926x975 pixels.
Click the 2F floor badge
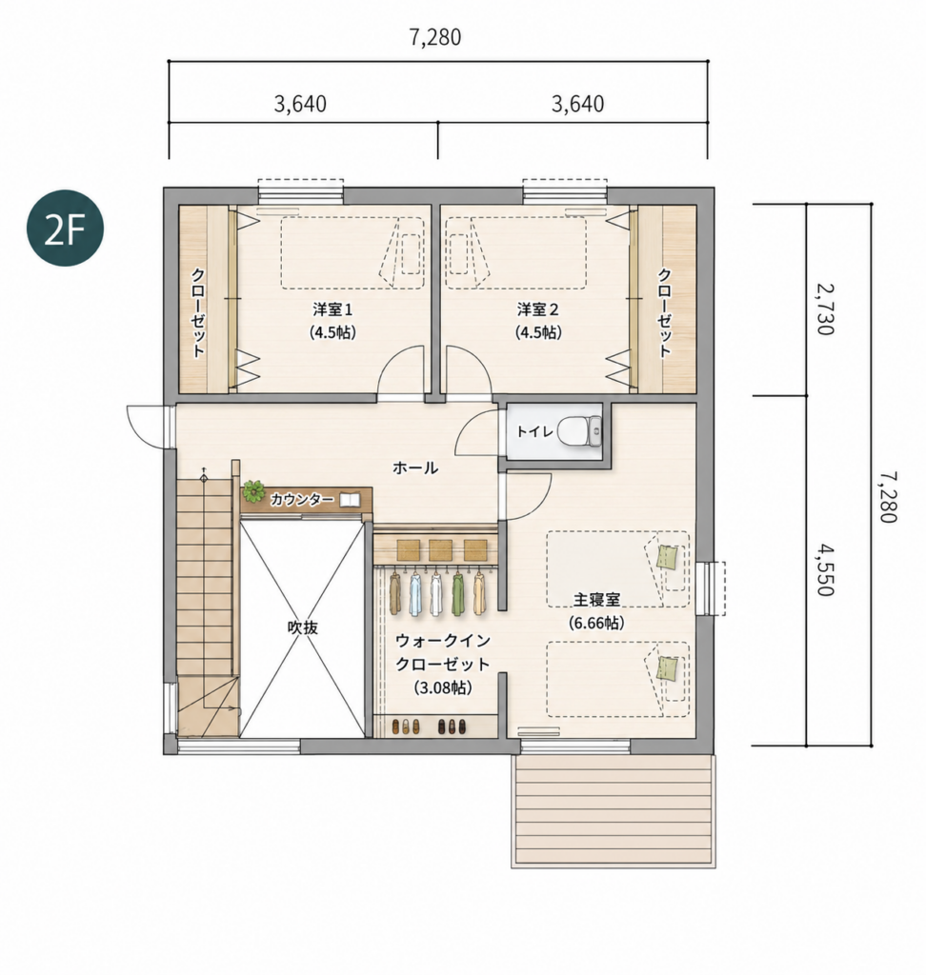click(x=65, y=229)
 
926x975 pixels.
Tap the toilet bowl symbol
click(x=580, y=430)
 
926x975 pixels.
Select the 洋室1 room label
click(x=332, y=309)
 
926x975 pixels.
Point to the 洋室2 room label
click(x=537, y=309)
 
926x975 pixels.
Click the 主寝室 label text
click(x=596, y=600)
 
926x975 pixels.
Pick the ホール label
click(x=415, y=468)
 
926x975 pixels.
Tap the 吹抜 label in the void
click(x=302, y=627)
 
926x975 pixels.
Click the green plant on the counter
click(x=253, y=491)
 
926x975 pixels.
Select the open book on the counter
click(x=350, y=499)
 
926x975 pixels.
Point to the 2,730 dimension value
click(x=826, y=309)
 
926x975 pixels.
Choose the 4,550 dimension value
click(x=826, y=569)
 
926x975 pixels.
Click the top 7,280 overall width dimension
click(x=435, y=37)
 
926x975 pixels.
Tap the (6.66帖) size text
click(x=596, y=623)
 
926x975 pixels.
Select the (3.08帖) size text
click(x=442, y=687)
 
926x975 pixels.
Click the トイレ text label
click(x=534, y=431)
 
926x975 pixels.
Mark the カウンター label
click(x=302, y=499)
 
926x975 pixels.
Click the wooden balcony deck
click(x=614, y=811)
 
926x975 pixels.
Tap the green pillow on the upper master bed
click(x=667, y=556)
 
